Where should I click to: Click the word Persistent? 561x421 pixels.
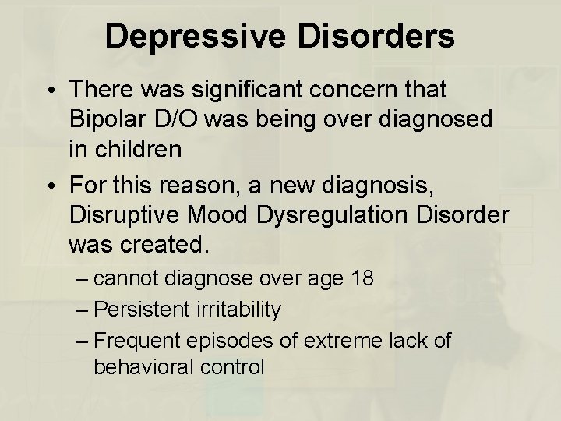click(141, 310)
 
